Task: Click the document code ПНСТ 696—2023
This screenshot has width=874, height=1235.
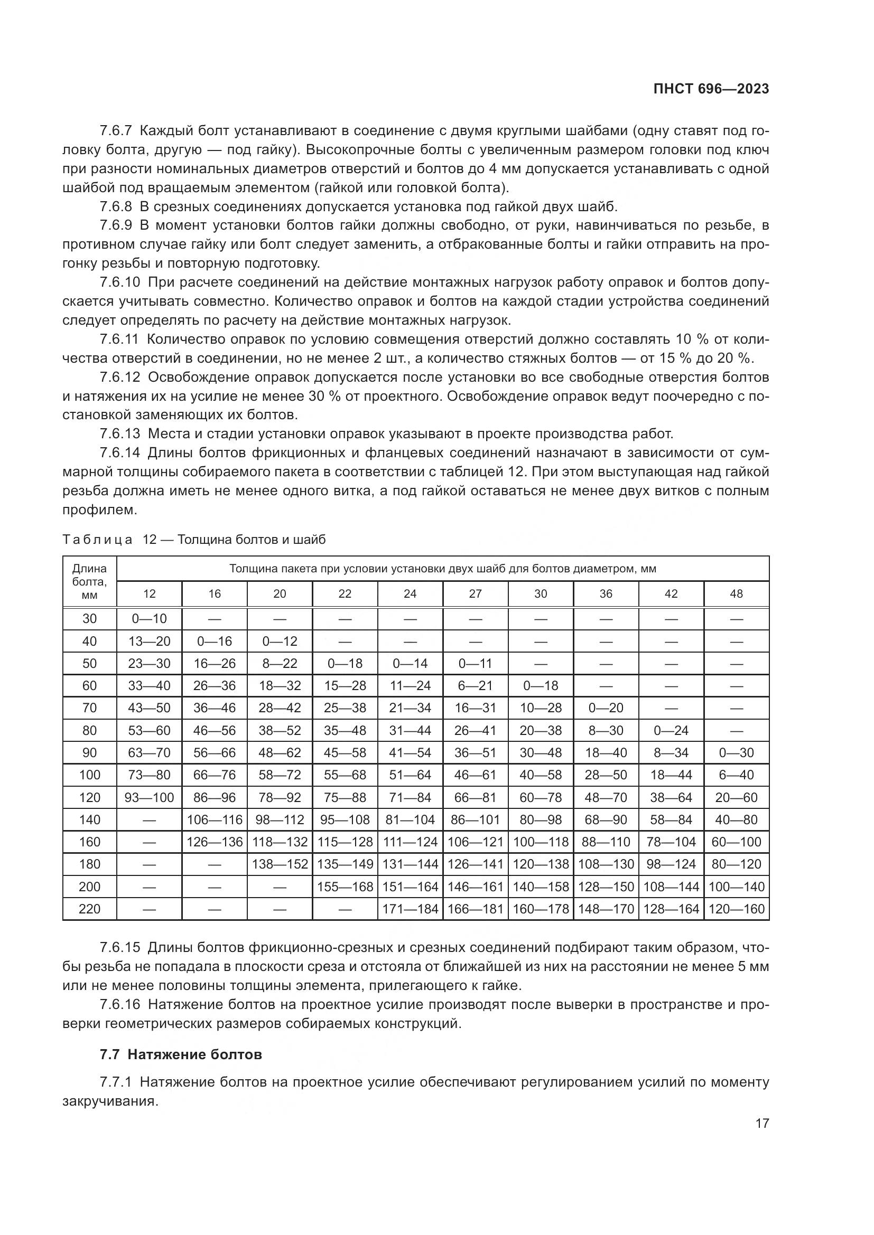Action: (x=711, y=89)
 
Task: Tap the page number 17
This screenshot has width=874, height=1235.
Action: (x=762, y=1123)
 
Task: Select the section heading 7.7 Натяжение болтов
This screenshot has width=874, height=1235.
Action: (x=181, y=1069)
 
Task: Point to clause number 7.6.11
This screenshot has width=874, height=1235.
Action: (x=119, y=340)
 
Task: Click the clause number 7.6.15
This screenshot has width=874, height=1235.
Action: (x=119, y=961)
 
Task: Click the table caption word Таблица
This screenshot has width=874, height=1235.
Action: (x=97, y=540)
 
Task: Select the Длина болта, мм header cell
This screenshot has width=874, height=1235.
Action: (x=90, y=581)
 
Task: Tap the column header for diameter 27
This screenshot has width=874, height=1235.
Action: (x=475, y=594)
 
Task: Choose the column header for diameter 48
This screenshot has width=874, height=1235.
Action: (x=736, y=594)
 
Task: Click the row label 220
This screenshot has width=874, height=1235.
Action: (x=90, y=909)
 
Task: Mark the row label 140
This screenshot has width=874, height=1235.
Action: (x=90, y=820)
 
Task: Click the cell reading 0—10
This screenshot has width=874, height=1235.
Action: (x=150, y=619)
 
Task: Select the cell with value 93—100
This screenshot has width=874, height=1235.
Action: (x=150, y=797)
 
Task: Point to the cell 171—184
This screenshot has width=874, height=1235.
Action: (x=410, y=909)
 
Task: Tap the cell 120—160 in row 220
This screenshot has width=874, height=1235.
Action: (x=736, y=909)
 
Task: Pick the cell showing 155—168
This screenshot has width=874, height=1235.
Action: (x=345, y=887)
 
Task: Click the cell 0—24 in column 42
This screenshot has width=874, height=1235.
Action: (x=671, y=730)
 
